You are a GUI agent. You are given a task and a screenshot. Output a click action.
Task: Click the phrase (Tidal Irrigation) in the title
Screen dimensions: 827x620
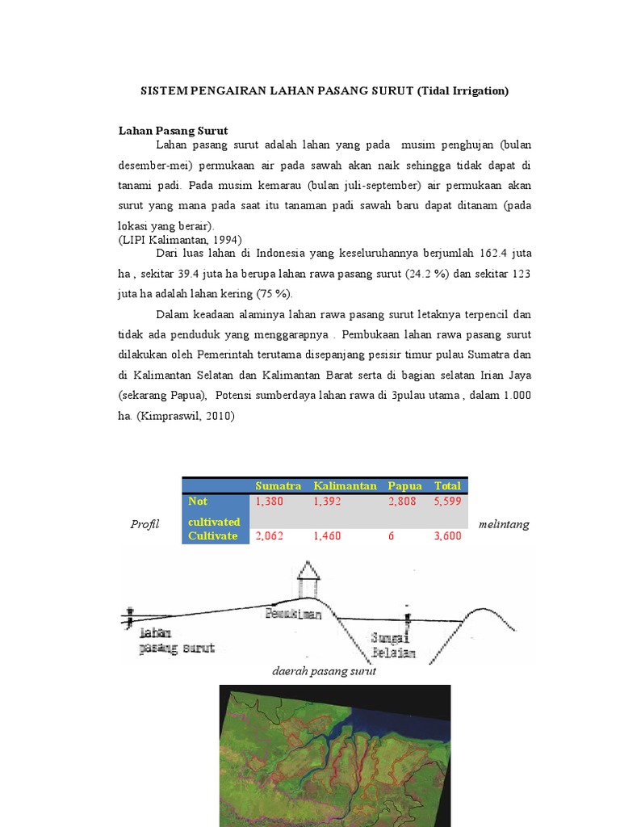coord(463,91)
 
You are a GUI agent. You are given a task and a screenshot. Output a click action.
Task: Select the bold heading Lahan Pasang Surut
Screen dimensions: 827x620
coord(173,130)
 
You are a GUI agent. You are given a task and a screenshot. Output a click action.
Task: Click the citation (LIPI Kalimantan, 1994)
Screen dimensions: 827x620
coord(180,240)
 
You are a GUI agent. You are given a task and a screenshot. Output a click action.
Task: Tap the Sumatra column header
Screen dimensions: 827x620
coord(278,485)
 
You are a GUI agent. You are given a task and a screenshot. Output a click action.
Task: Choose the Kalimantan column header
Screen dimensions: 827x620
coord(345,485)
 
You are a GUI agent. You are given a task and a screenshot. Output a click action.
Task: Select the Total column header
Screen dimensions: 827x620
coord(447,485)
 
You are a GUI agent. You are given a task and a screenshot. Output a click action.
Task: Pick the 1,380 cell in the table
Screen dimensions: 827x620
coord(270,502)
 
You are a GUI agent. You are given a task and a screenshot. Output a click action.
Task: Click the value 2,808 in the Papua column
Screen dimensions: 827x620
coord(402,502)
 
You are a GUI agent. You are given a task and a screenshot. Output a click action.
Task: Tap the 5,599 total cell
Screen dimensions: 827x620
coord(447,502)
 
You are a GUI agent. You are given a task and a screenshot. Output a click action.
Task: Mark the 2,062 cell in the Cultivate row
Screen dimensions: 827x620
coord(270,536)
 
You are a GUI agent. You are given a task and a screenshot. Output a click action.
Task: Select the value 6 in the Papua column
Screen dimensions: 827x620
coord(392,536)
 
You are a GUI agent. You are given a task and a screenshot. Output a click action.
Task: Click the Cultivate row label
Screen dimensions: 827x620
coord(212,536)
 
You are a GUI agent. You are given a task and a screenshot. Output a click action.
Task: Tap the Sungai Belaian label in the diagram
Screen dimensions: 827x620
coord(393,644)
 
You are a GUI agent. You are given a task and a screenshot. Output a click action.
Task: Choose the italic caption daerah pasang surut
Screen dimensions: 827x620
coord(325,672)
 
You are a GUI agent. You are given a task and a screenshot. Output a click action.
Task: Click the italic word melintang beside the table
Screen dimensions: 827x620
coord(504,524)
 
